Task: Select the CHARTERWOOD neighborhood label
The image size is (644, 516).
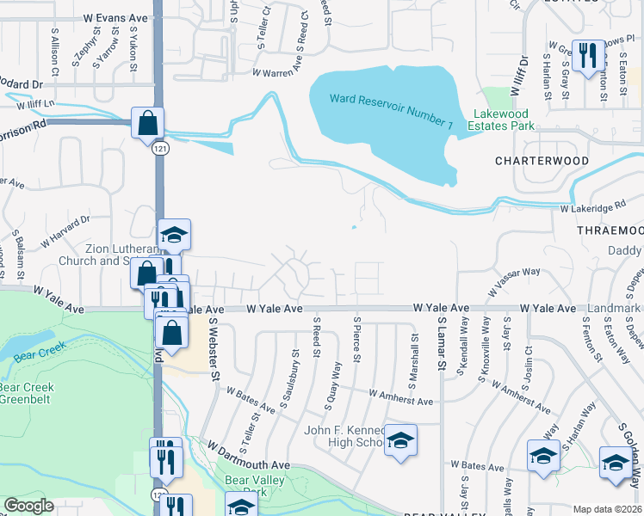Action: (542, 161)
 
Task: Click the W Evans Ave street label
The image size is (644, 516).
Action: (116, 17)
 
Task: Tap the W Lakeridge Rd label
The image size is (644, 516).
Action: (592, 208)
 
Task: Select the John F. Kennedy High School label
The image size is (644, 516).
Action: (344, 436)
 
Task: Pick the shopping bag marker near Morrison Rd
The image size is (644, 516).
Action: (147, 121)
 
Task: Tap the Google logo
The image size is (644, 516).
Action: (28, 506)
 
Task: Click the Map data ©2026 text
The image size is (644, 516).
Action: (607, 509)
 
